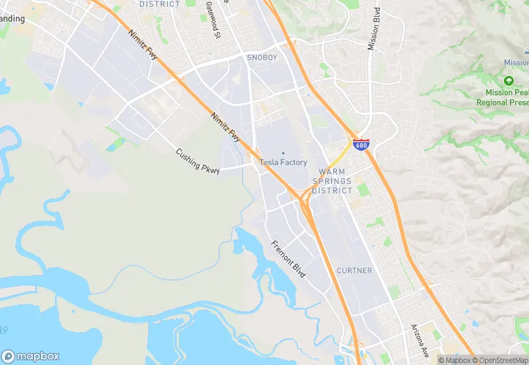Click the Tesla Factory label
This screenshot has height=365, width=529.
click(283, 162)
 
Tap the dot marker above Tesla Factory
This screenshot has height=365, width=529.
click(283, 153)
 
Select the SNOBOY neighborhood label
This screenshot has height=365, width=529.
click(262, 58)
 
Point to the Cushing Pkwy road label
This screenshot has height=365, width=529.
click(198, 160)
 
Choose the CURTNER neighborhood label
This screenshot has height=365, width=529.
click(354, 270)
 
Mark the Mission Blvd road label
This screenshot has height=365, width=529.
click(376, 29)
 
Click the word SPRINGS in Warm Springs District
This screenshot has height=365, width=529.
click(332, 181)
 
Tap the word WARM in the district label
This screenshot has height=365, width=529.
click(332, 171)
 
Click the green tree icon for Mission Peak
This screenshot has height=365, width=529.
click(508, 81)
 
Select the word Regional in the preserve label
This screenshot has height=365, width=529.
click(493, 102)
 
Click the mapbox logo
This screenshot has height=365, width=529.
click(31, 356)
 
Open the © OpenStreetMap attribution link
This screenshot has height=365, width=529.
click(499, 360)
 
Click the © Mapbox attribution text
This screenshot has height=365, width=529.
click(454, 360)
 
